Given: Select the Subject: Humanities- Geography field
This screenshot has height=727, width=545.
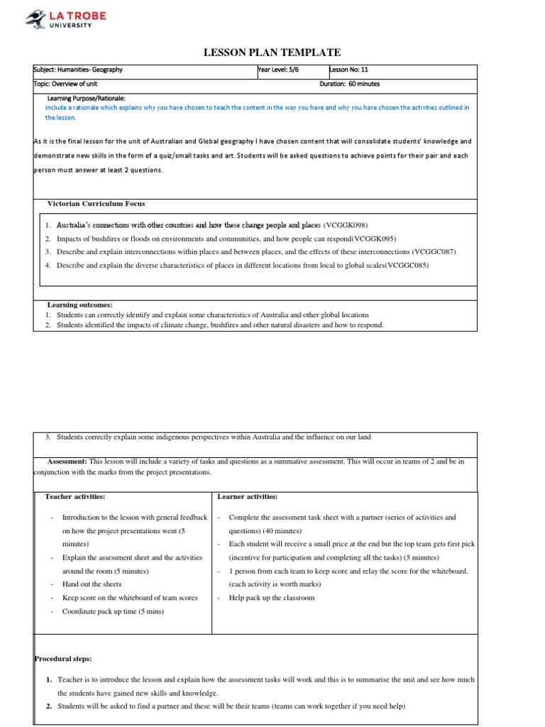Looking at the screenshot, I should coord(78,70).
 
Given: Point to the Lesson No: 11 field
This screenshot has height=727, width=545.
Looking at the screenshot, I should coord(349,70).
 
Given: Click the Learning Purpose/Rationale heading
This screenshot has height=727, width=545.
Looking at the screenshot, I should coord(86,98).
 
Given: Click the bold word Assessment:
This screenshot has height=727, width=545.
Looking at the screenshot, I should coord(66,461).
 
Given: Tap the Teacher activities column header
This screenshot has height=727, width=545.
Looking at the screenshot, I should coord(75,496).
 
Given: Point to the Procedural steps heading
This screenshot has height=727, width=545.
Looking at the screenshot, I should coord(63,659).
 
